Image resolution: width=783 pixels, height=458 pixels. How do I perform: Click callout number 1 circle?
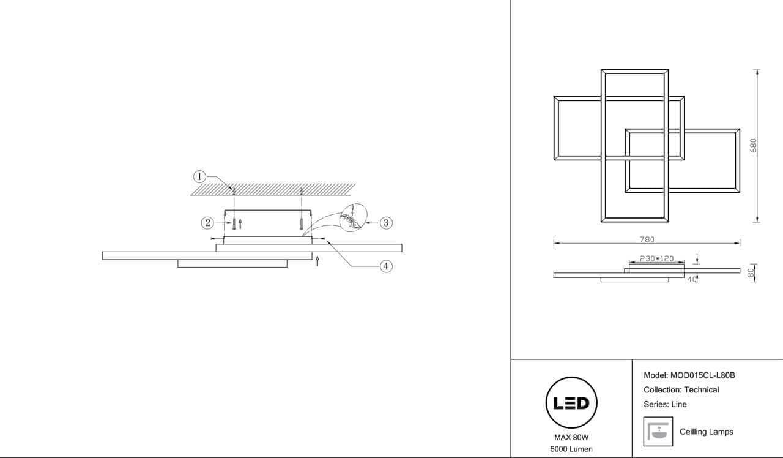(199, 177)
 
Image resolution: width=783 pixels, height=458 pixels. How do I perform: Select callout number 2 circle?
(207, 223)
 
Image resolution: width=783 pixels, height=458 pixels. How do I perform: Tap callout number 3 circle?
(386, 223)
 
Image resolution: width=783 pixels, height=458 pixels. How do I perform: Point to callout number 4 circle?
(386, 266)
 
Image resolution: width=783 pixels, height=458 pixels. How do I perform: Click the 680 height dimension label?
(753, 146)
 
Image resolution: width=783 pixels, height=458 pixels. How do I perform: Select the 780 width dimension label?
(647, 239)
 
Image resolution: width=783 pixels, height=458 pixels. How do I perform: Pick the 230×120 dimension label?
(656, 258)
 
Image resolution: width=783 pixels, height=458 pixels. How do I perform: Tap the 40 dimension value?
(691, 280)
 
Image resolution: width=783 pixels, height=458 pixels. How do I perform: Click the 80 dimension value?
(751, 273)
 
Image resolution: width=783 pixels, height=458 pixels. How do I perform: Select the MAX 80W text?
(571, 437)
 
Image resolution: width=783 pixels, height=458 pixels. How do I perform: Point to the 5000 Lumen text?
(571, 449)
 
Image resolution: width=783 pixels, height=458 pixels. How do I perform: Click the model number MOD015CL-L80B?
(703, 375)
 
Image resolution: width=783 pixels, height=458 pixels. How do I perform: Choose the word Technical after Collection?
(701, 390)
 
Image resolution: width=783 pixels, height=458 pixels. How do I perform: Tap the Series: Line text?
(665, 404)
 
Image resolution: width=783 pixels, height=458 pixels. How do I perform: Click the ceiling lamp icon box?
(658, 432)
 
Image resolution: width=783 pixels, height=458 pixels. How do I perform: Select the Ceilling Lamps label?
(707, 432)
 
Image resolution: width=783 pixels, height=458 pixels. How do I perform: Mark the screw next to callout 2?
(234, 223)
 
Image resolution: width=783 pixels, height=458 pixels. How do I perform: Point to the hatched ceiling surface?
(273, 189)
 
